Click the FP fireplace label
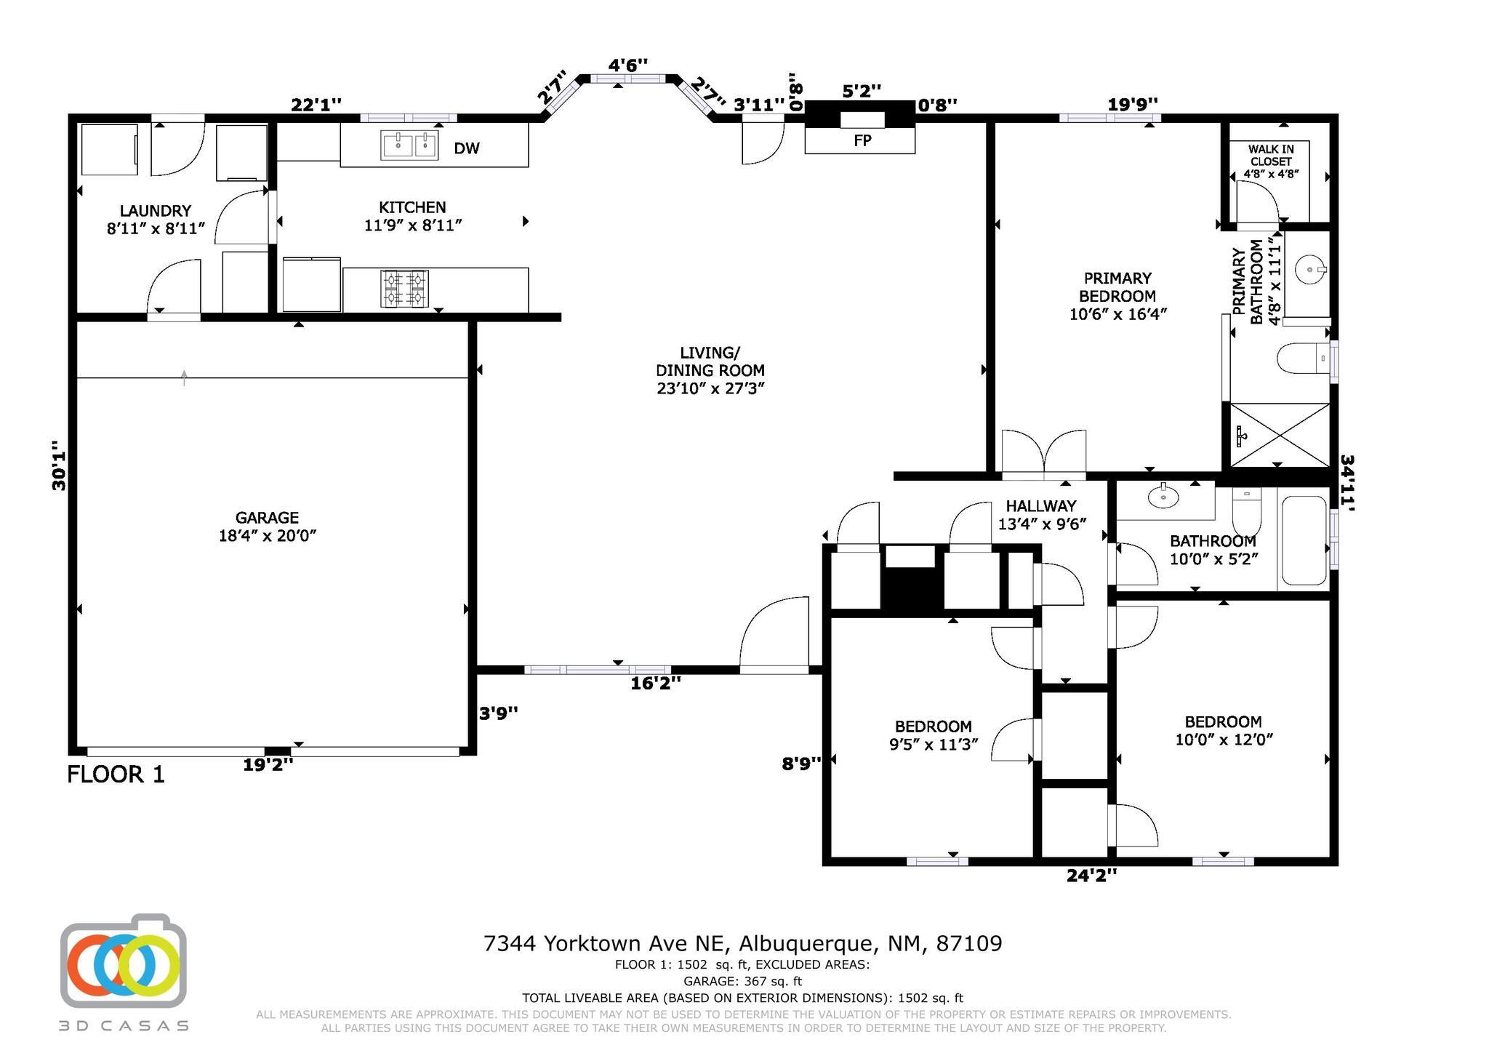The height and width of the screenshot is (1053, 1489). point(862,141)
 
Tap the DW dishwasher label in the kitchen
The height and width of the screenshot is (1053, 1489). point(467,148)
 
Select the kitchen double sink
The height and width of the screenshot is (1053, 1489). point(409,145)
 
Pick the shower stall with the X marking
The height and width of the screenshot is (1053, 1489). point(1280,435)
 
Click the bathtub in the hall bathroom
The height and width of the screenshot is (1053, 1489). point(1304,540)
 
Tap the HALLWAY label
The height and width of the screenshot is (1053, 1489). point(1041,506)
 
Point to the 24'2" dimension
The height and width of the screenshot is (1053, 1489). point(1091,876)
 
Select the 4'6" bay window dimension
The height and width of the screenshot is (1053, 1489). point(628,65)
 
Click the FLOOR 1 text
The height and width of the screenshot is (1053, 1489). point(116,774)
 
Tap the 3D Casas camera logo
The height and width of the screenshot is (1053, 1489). point(124,961)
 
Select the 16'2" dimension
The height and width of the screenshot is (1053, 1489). point(656,684)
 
